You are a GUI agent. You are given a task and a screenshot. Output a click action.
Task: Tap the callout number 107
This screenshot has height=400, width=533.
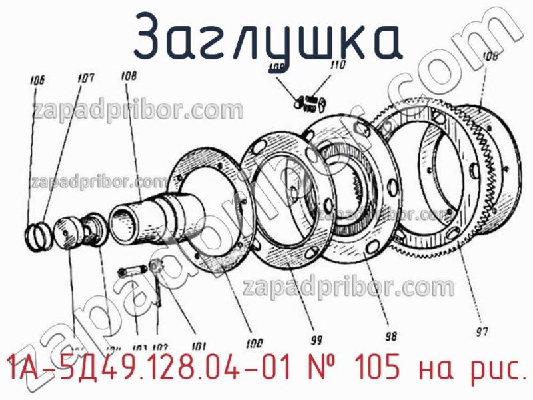click(x=85, y=79)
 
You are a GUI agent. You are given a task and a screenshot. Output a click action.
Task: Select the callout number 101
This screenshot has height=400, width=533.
click(x=199, y=346)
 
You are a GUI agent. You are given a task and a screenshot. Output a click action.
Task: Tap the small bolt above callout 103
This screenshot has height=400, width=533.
click(x=131, y=271)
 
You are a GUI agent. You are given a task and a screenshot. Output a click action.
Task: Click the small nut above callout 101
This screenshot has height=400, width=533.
click(x=157, y=267)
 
